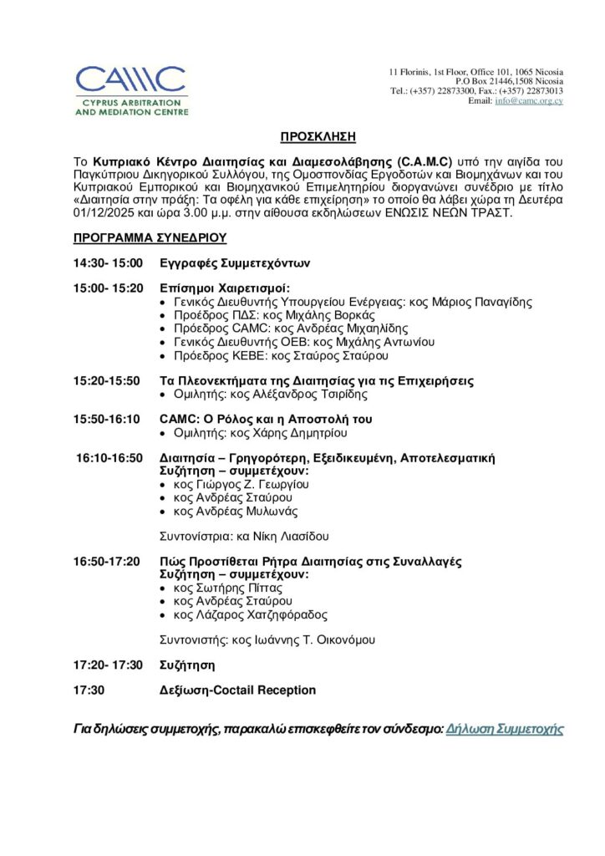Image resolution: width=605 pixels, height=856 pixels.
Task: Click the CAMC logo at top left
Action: coord(132,89)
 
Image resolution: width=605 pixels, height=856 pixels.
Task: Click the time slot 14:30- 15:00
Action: coord(109,263)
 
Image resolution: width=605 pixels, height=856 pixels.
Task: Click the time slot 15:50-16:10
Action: coord(108,419)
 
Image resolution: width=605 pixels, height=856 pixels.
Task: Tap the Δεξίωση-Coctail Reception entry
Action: coord(238,690)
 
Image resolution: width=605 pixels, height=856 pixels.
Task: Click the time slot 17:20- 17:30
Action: coord(109,665)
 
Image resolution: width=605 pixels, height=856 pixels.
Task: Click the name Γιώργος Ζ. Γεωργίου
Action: coord(257,484)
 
